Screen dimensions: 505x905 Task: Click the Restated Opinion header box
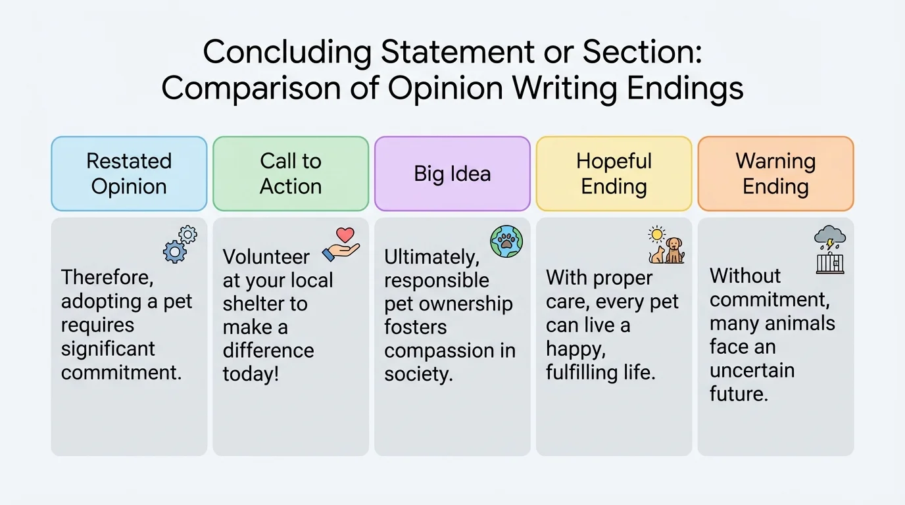129,174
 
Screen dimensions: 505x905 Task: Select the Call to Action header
291,174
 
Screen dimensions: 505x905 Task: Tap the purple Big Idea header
452,174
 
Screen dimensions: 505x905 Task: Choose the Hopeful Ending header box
614,174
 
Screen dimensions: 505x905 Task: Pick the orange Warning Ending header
775,174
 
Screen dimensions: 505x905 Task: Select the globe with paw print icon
506,241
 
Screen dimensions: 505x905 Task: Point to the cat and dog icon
666,247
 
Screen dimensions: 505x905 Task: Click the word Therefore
107,277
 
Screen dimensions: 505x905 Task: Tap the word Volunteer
266,256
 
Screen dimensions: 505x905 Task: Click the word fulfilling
579,372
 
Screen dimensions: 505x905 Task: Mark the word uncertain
752,370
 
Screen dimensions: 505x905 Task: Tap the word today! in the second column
251,374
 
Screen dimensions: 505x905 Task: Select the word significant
108,349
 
